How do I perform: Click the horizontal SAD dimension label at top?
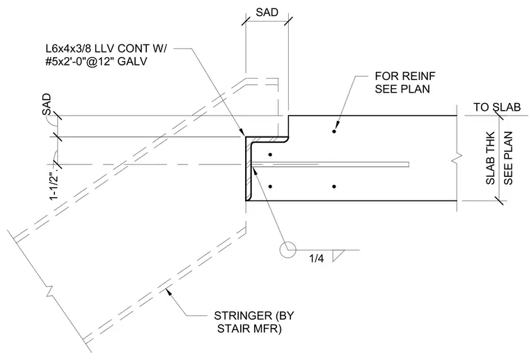(267, 12)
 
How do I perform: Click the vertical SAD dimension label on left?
(47, 104)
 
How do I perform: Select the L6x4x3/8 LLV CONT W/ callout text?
(106, 49)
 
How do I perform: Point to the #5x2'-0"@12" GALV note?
(96, 61)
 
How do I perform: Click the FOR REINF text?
(405, 76)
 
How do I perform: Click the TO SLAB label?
(497, 107)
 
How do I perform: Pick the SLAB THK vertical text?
(490, 158)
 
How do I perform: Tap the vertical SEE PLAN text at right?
(508, 158)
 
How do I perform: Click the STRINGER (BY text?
(254, 316)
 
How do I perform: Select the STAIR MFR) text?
(249, 328)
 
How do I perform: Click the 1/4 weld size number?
(317, 258)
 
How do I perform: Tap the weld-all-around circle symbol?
(287, 250)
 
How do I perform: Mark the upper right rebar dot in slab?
(334, 131)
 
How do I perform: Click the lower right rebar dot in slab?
(334, 187)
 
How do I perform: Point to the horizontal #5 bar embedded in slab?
(331, 164)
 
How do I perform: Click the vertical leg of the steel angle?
(248, 169)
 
